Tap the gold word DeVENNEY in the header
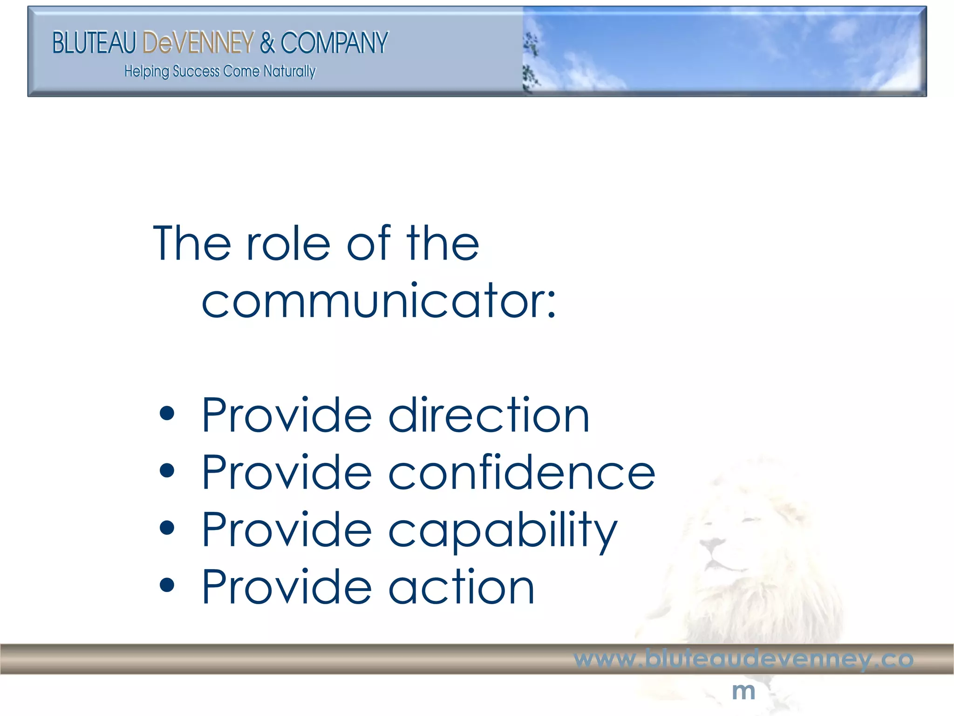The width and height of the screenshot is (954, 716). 198,43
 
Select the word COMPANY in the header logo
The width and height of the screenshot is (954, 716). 334,43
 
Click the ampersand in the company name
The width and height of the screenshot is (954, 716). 267,43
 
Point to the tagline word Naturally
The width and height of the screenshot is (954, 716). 289,71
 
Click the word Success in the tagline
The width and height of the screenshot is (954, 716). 196,71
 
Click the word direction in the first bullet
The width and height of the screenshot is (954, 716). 489,415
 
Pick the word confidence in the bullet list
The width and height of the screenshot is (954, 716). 522,473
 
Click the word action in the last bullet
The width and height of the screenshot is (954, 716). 461,587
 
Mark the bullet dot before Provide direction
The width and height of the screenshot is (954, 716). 166,413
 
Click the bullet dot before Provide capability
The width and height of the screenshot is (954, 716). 166,528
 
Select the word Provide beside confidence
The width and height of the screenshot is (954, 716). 286,473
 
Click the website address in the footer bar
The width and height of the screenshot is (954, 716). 743,659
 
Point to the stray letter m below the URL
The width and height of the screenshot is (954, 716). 743,691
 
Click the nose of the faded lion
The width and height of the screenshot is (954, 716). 711,544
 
